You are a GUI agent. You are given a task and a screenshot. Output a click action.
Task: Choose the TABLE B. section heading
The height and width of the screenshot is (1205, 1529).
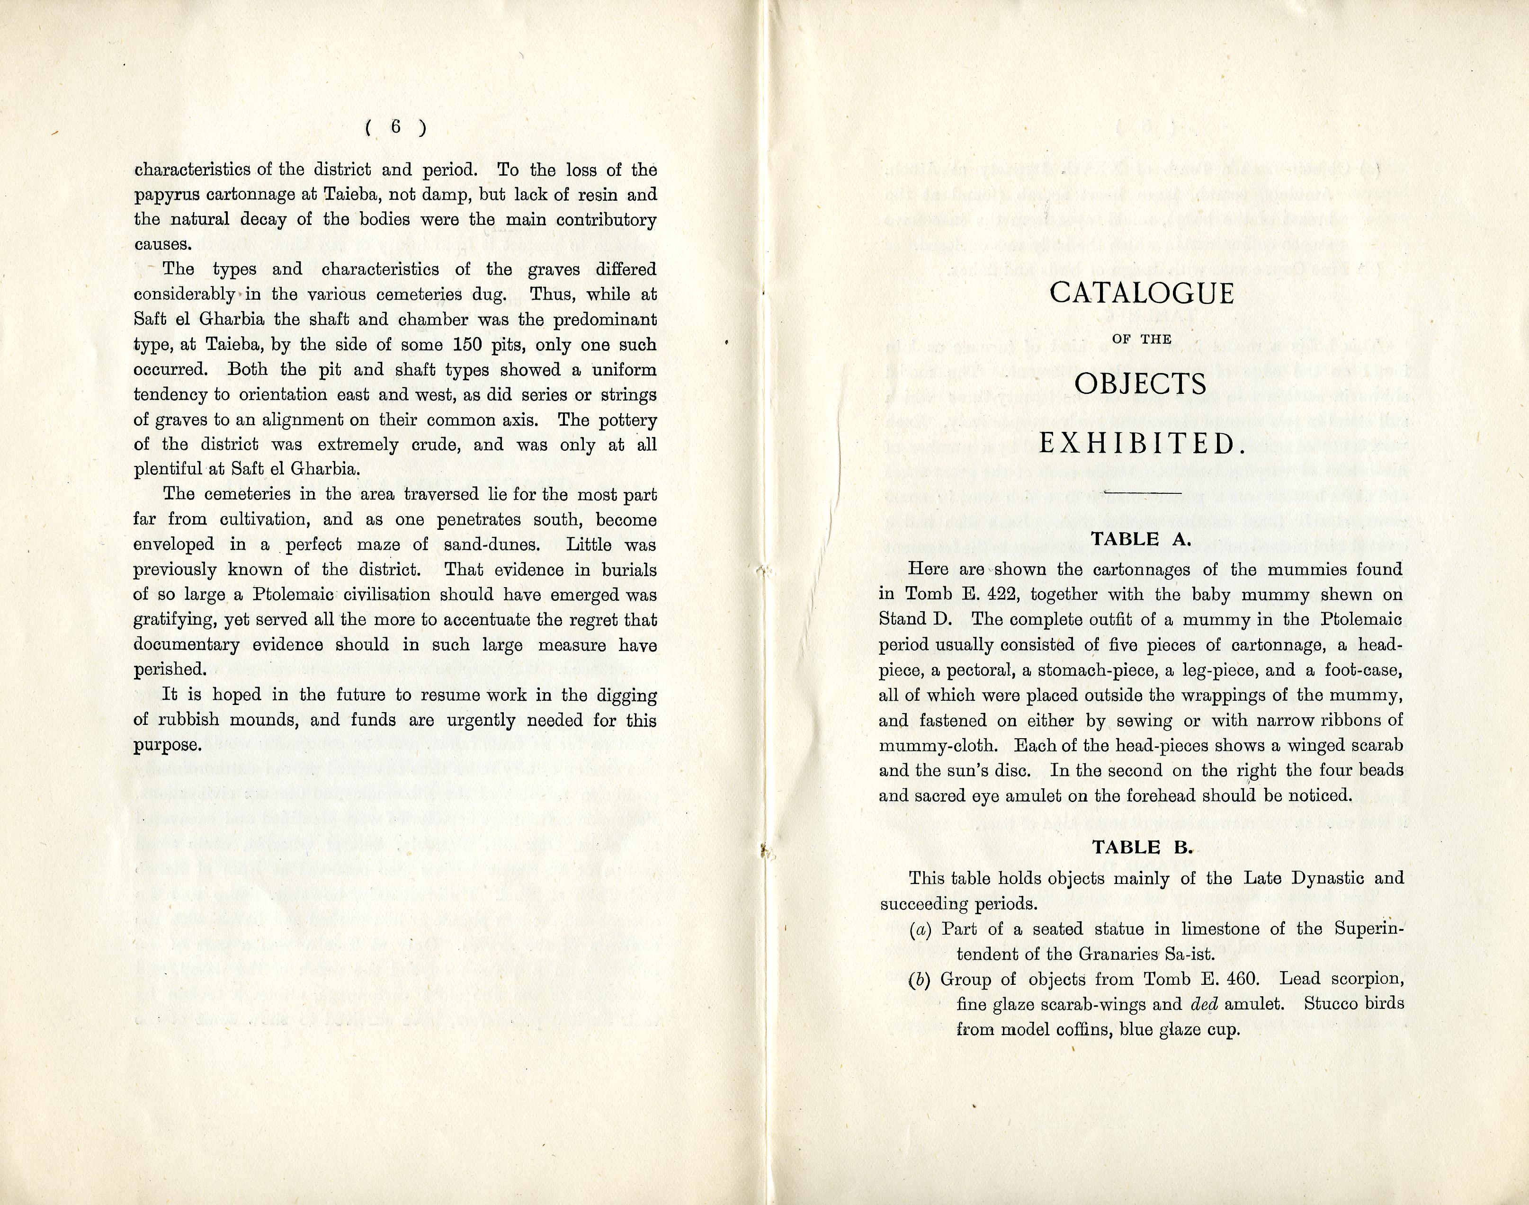(x=1141, y=848)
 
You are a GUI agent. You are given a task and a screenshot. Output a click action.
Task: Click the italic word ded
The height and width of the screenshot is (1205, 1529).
(x=1205, y=1004)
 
